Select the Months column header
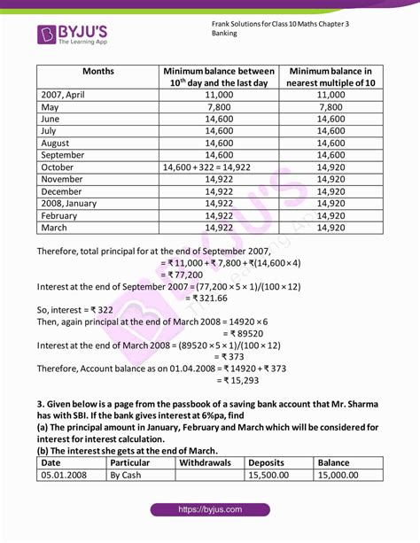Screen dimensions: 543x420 point(97,70)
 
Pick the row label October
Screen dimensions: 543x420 point(58,166)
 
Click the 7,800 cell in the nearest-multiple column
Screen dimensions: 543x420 point(329,105)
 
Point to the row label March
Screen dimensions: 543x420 point(55,227)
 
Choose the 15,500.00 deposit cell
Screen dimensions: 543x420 point(278,475)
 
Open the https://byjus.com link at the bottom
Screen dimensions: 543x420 point(209,510)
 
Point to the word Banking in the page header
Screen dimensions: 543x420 point(225,32)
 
